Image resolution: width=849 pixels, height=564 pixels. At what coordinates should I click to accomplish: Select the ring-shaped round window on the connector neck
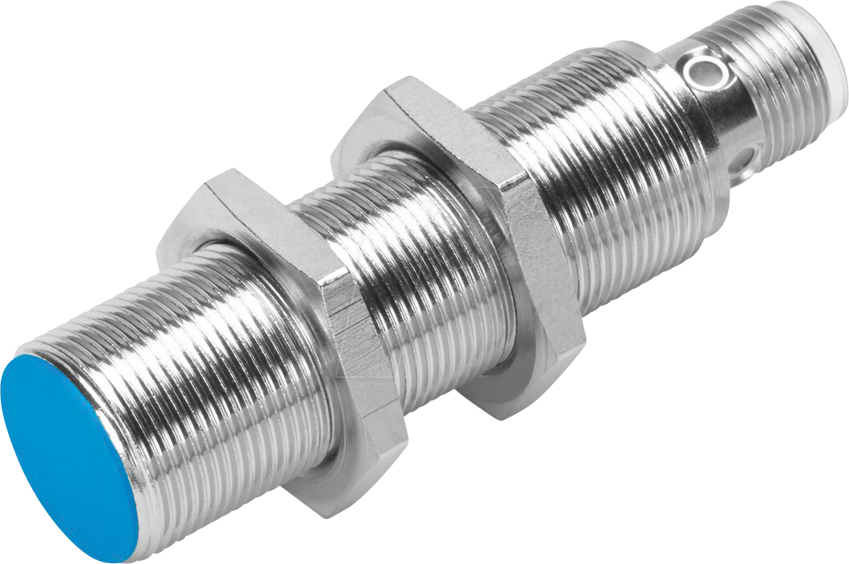pyautogui.click(x=698, y=71)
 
